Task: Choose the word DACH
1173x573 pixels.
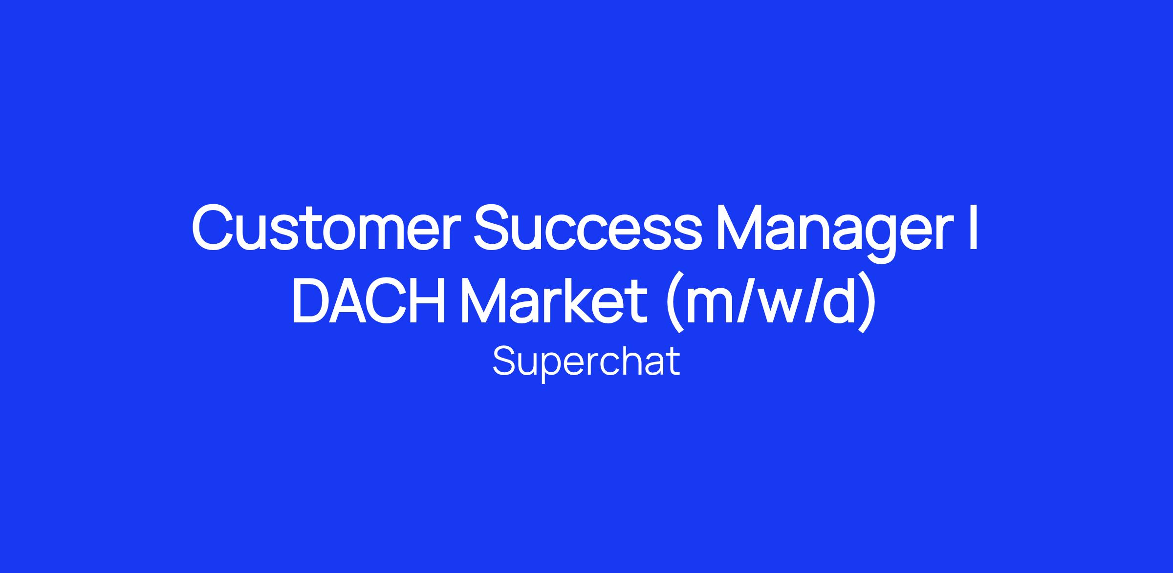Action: tap(369, 301)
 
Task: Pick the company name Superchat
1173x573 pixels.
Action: tap(586, 362)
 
